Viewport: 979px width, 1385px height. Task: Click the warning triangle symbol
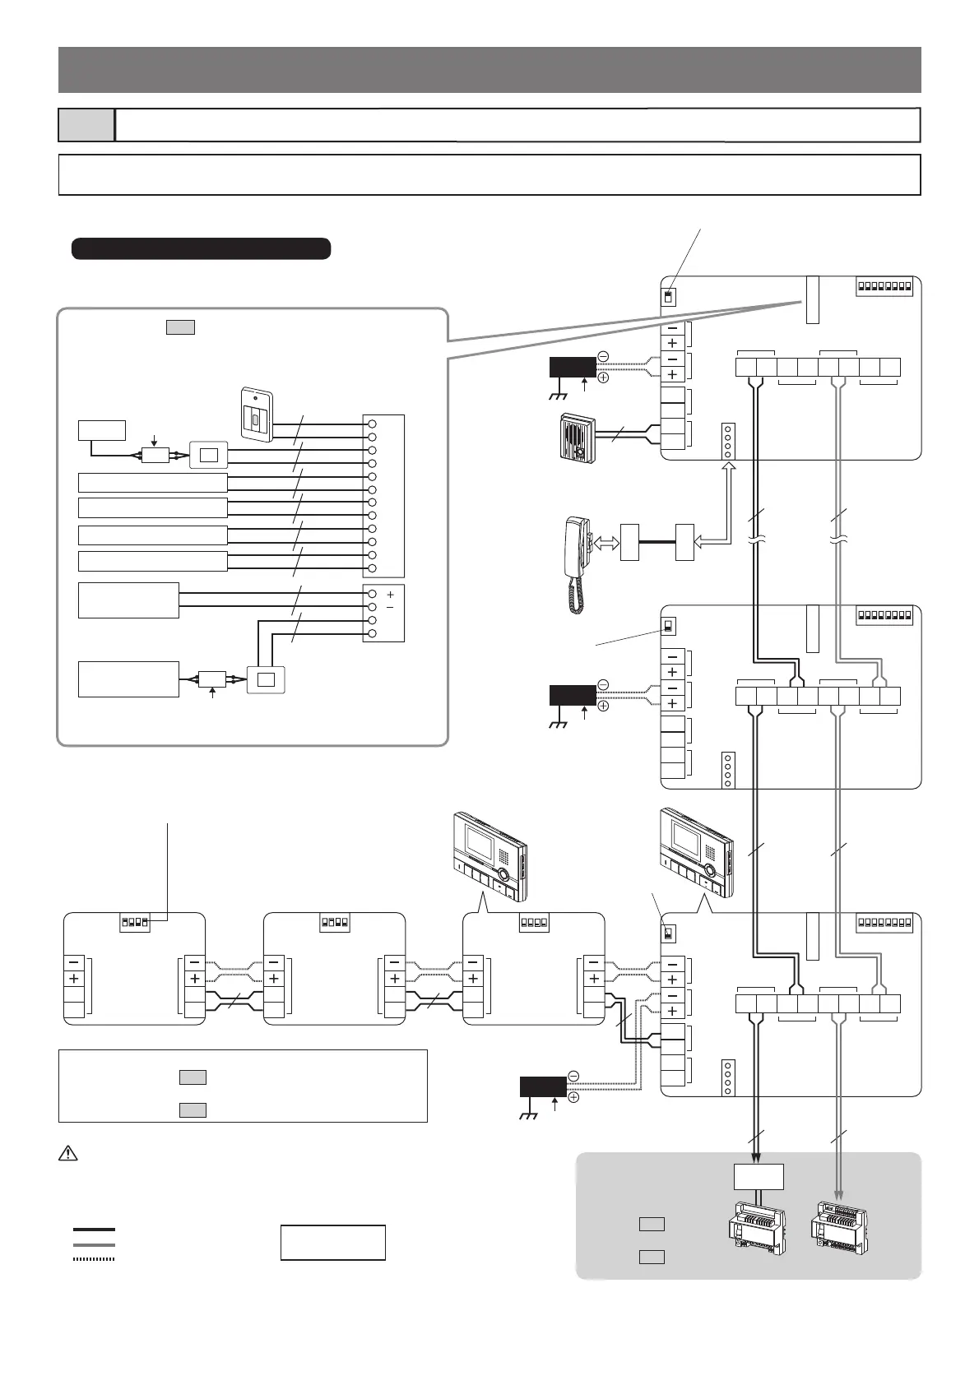[67, 1154]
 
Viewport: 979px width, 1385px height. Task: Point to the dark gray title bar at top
[489, 70]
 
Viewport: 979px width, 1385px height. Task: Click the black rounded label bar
[201, 248]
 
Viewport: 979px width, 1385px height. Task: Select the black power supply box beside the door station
[573, 367]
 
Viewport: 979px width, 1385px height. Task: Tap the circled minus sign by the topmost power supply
[603, 357]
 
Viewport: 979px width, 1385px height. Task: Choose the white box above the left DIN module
[759, 1176]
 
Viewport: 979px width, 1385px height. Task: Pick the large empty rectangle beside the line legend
[333, 1242]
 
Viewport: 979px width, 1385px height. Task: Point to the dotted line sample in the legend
[94, 1258]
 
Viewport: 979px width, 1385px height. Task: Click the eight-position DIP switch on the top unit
[884, 288]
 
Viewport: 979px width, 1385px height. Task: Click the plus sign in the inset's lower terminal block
[390, 594]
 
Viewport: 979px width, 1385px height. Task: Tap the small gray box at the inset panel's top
[180, 327]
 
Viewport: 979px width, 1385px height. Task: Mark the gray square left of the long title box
[86, 125]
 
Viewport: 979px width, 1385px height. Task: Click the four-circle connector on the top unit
[727, 441]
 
